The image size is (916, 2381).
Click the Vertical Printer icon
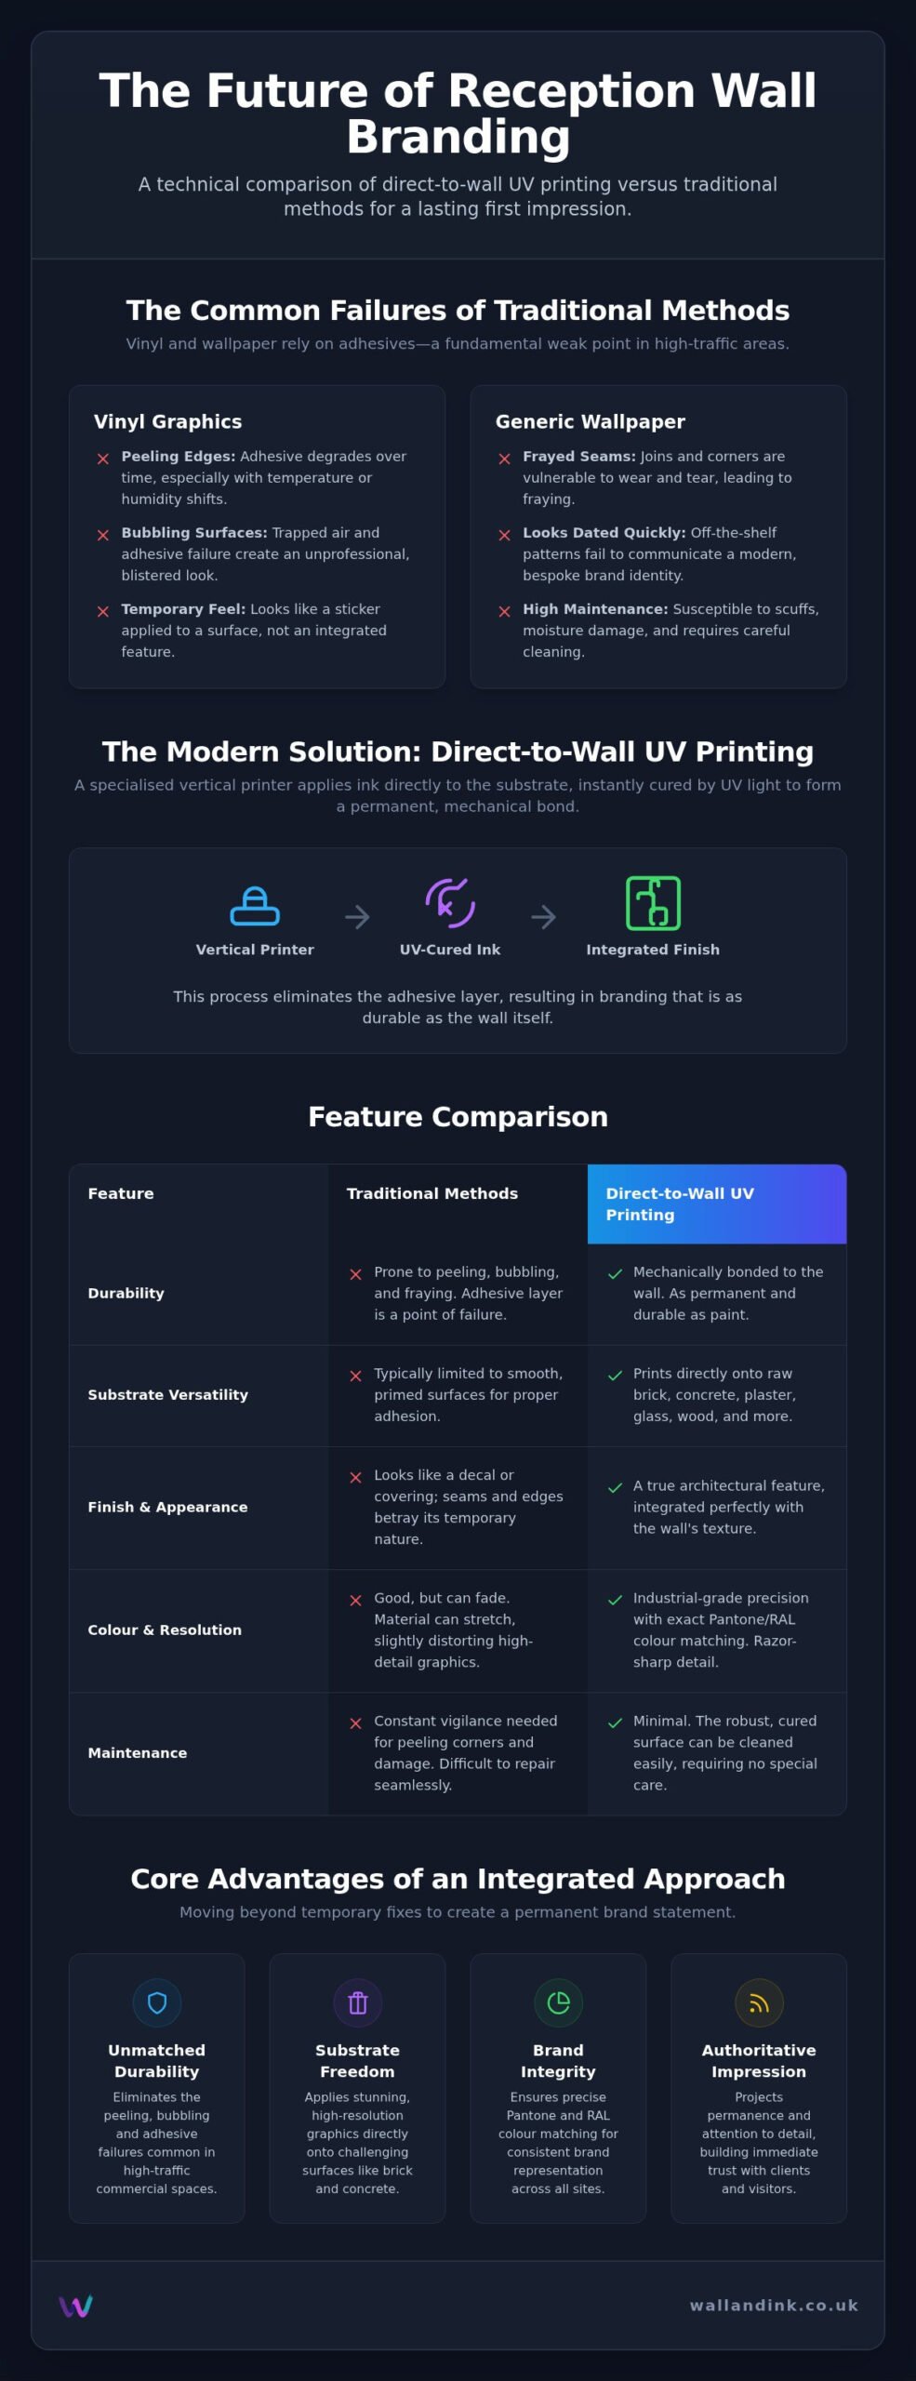(x=255, y=906)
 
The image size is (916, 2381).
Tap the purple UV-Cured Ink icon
(x=450, y=902)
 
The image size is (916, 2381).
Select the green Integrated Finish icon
(x=653, y=903)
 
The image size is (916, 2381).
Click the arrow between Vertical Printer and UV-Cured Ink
(x=357, y=917)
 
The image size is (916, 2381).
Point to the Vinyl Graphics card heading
(x=168, y=421)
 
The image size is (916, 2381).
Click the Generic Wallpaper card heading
(x=591, y=421)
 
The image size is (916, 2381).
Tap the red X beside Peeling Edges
(x=103, y=459)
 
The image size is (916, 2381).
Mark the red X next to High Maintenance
(x=505, y=611)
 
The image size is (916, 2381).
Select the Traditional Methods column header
(x=432, y=1193)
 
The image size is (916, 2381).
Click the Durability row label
(x=126, y=1293)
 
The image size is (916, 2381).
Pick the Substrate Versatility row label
(x=168, y=1394)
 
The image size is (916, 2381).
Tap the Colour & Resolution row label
(x=165, y=1629)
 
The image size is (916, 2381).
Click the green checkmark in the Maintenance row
(x=615, y=1723)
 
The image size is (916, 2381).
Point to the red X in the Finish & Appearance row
(x=355, y=1477)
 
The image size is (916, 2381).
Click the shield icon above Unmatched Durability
(x=157, y=2002)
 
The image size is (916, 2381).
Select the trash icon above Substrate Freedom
(x=358, y=2002)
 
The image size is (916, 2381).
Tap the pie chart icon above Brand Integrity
(x=559, y=2002)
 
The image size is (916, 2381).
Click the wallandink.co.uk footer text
(x=775, y=2305)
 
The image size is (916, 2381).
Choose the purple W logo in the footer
(x=75, y=2306)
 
